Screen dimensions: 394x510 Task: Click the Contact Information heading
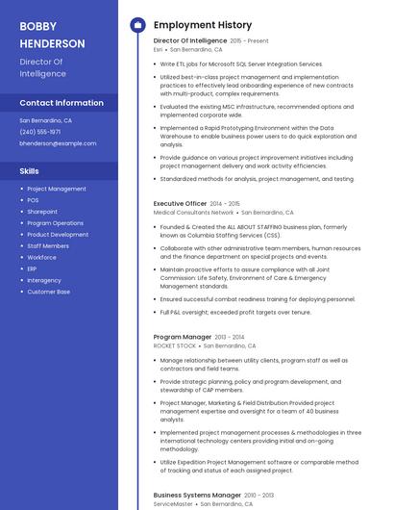(x=62, y=103)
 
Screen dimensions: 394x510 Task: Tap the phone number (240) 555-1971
(x=40, y=132)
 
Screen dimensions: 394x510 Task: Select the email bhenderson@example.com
(x=58, y=143)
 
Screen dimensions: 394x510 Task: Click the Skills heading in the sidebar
(x=29, y=170)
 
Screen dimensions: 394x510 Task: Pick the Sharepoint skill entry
(x=42, y=212)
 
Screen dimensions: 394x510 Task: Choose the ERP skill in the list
(x=33, y=268)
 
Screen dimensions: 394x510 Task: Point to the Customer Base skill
(x=48, y=292)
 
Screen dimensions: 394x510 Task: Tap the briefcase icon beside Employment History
(x=136, y=24)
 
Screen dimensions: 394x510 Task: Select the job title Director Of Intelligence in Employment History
(x=189, y=41)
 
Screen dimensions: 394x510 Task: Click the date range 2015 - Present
(x=250, y=41)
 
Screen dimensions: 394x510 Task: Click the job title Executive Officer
(x=180, y=204)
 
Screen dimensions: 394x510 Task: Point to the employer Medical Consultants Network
(x=193, y=212)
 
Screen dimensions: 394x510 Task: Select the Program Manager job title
(x=182, y=338)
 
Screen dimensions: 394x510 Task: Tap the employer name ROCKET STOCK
(x=174, y=345)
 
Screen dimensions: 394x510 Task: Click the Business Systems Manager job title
(x=197, y=495)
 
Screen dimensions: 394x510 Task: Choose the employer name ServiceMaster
(x=173, y=503)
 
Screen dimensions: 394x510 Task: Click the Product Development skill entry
(x=58, y=235)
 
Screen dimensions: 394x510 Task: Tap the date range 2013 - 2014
(x=230, y=338)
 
